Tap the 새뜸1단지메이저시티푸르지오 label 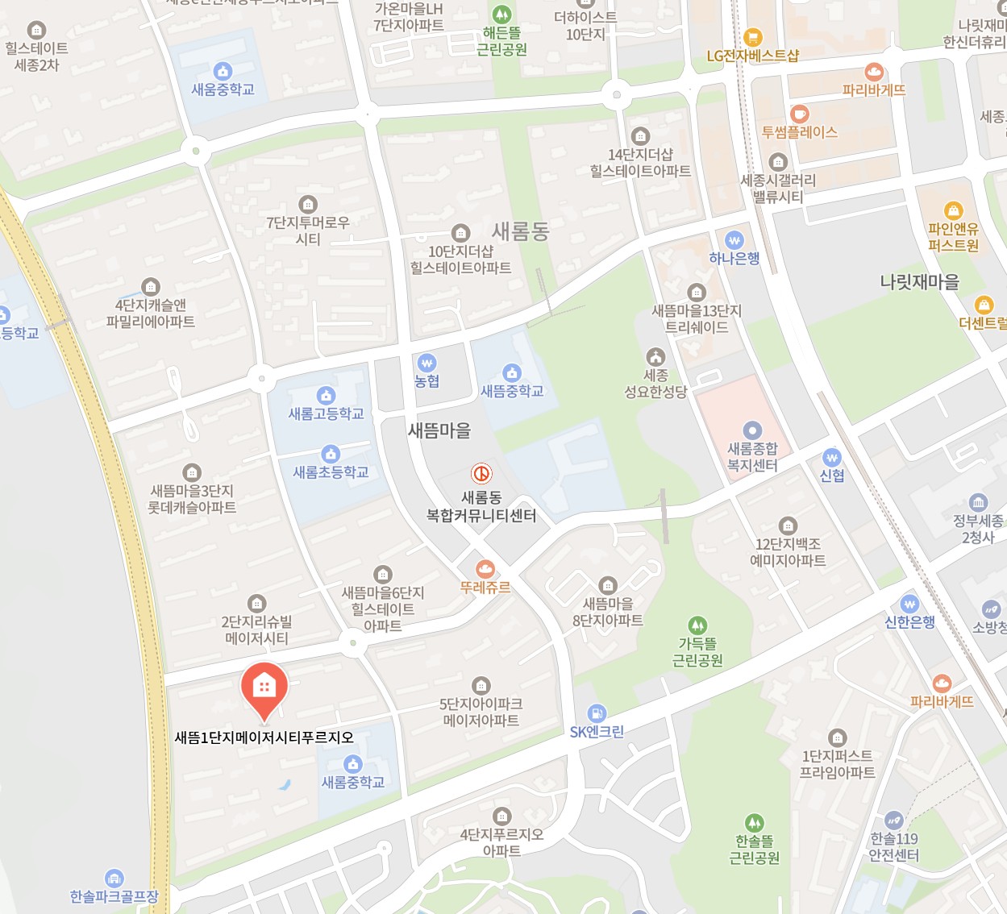tap(264, 737)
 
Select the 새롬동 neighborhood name tap(520, 232)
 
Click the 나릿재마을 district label tap(919, 282)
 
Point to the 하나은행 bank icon tap(734, 240)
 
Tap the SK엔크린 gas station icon tap(597, 713)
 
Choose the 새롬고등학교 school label tap(327, 414)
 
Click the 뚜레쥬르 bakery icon tap(485, 569)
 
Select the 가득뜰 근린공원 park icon tap(697, 625)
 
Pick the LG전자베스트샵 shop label tap(753, 56)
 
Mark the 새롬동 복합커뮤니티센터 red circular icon tap(481, 474)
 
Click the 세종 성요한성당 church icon tap(655, 357)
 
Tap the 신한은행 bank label tap(909, 622)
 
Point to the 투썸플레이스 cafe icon tap(799, 114)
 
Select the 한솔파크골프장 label tap(114, 896)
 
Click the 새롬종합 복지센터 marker tap(752, 430)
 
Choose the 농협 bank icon tap(427, 363)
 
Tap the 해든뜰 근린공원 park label tap(501, 41)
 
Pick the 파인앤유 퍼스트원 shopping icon tap(954, 211)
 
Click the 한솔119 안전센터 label tap(893, 847)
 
